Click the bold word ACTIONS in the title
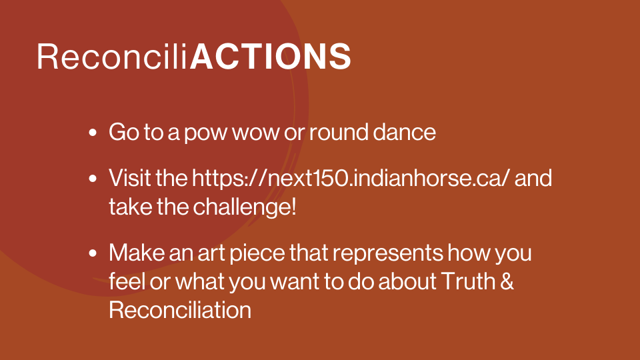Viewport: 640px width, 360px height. coord(270,56)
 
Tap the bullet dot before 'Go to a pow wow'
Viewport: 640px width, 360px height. coord(93,133)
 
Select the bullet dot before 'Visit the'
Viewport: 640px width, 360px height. coord(93,179)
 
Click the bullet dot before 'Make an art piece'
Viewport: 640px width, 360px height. coord(93,253)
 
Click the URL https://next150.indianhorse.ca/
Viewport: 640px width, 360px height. coord(351,179)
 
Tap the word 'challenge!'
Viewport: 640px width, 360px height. coord(245,207)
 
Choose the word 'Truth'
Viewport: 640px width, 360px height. coord(468,281)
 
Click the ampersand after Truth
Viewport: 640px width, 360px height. coord(507,281)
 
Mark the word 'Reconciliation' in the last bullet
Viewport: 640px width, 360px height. coord(180,310)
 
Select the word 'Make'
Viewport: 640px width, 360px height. coord(137,253)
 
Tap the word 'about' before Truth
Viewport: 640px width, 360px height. coord(407,281)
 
